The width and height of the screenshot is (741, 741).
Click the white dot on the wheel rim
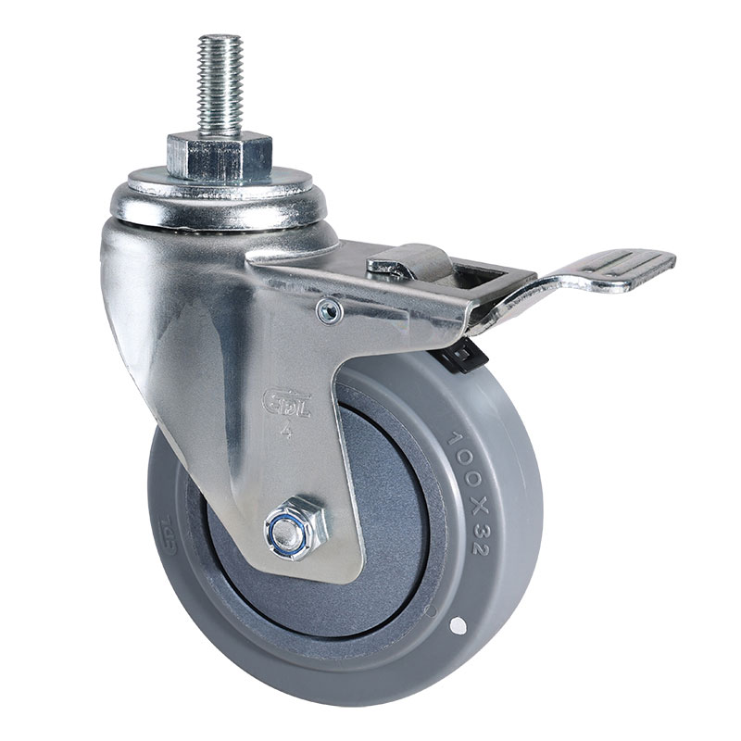pos(455,627)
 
